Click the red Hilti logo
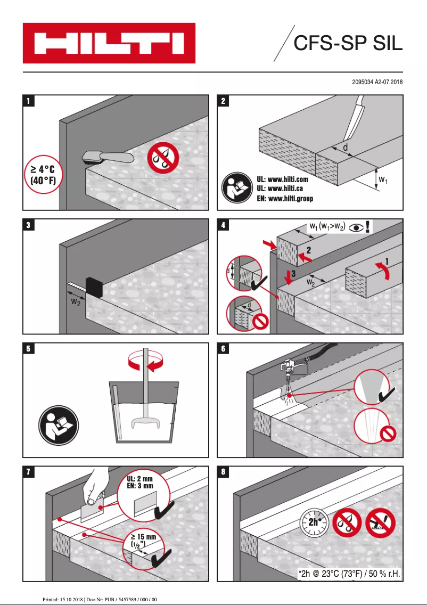109,43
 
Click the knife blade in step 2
353,122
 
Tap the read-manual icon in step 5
59,426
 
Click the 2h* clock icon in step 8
314,522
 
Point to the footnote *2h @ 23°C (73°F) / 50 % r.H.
349,573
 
